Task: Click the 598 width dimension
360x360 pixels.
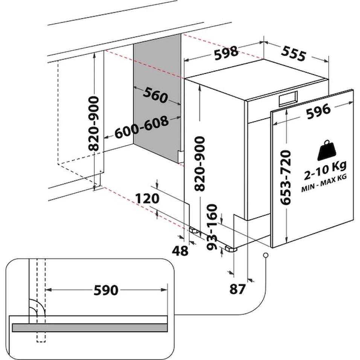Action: click(226, 53)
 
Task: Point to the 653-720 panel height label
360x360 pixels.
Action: click(287, 177)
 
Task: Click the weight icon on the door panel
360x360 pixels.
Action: click(326, 151)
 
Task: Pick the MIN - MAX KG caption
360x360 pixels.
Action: click(324, 188)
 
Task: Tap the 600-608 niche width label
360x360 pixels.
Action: click(142, 127)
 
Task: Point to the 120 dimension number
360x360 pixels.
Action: click(148, 198)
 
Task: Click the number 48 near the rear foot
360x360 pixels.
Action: click(180, 250)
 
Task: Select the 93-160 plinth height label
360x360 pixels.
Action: click(213, 227)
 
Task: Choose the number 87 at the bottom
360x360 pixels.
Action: click(238, 289)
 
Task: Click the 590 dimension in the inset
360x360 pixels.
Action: click(106, 290)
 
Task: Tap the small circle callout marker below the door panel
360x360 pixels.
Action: click(266, 256)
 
